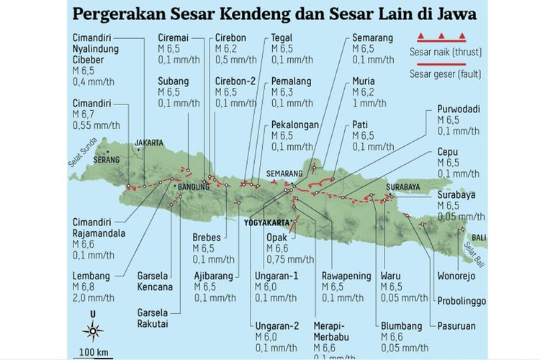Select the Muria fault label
[364, 81]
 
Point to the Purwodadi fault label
[460, 109]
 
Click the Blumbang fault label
[402, 325]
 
